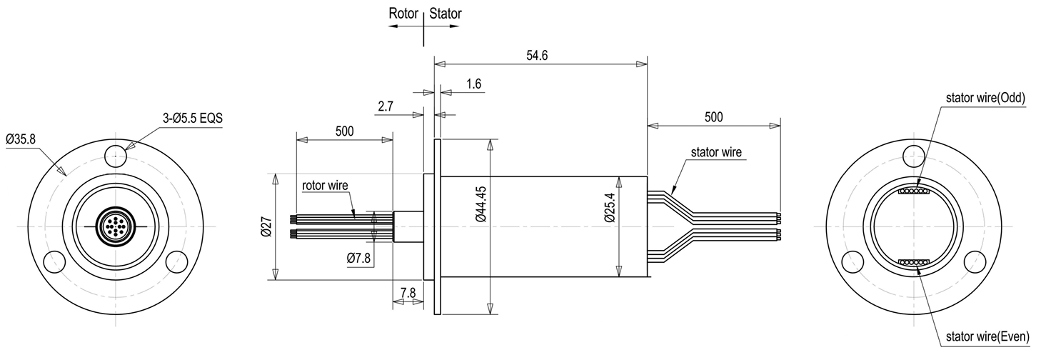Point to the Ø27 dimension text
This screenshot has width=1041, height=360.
266,226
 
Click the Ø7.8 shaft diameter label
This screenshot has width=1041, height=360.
359,259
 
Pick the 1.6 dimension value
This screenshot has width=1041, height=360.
473,84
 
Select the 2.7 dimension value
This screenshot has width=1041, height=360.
386,106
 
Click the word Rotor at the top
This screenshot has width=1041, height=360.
403,13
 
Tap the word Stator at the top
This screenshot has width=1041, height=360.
446,13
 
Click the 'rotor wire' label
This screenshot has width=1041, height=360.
325,186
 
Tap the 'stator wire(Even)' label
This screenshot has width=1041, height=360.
985,336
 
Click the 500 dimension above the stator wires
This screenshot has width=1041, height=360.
713,117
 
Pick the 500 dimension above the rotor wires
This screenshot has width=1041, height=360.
345,131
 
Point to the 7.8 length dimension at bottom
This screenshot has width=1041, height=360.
408,293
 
